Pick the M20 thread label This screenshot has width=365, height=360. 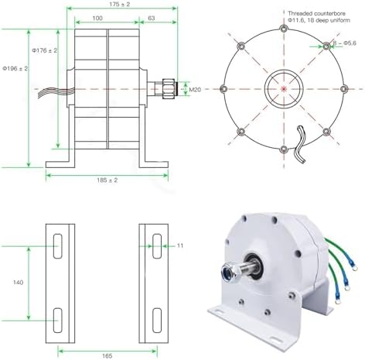point(197,90)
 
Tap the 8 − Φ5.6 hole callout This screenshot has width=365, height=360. point(344,43)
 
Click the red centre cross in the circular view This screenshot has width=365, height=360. point(282,88)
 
